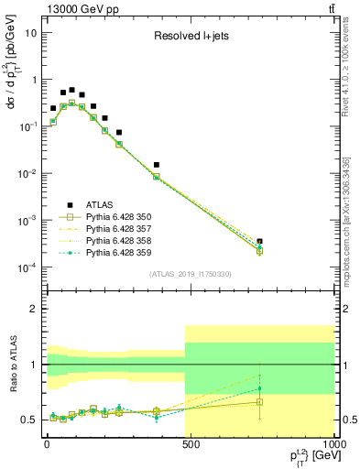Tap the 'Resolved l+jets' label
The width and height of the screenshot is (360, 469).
190,38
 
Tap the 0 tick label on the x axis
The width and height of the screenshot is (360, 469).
46,446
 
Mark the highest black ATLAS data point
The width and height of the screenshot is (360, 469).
71,90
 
